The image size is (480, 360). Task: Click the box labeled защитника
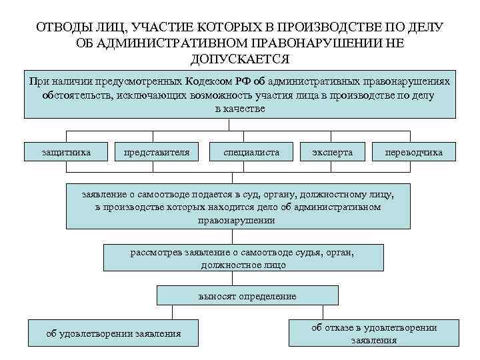(66, 153)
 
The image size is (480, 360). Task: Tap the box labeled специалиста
(251, 153)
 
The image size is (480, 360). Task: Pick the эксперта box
(332, 153)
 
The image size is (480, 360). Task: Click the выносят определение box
(247, 295)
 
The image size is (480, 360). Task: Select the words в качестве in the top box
(240, 108)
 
